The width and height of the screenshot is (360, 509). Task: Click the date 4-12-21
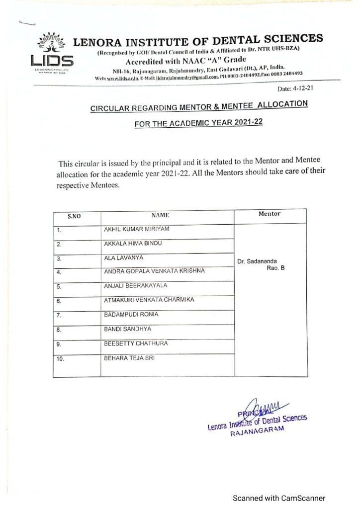296,89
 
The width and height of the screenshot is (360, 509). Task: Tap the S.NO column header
74,216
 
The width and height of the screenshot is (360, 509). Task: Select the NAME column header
161,215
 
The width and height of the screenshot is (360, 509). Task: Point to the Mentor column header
270,214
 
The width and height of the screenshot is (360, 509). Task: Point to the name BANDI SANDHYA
127,329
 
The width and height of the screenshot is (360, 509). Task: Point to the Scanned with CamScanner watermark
279,498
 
